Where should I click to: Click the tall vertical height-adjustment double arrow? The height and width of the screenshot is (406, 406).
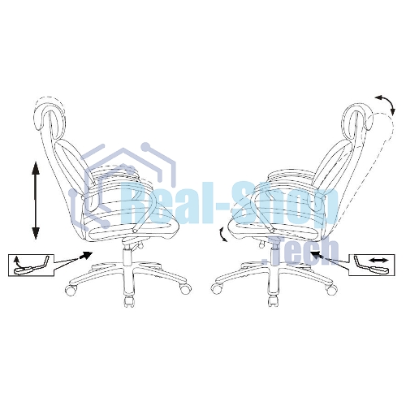point(36,201)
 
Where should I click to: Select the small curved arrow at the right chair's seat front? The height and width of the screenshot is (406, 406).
point(222,235)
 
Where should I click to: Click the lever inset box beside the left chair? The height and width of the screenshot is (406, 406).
point(31,266)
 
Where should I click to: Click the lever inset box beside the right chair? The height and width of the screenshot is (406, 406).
point(371,265)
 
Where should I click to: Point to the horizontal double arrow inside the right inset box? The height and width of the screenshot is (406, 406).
point(379,260)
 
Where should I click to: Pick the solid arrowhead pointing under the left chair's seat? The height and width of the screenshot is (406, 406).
point(86,255)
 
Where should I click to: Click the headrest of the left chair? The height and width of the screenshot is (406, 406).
point(50,114)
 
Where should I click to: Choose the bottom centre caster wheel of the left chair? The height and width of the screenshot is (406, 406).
point(129,302)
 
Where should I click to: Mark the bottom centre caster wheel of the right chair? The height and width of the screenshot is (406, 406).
point(274,302)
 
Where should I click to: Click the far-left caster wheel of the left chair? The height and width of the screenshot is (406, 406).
point(71,290)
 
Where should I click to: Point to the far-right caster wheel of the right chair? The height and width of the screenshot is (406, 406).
point(332,289)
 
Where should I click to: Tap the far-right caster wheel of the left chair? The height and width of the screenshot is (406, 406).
point(185,289)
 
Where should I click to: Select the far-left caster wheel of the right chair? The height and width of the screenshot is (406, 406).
point(217,289)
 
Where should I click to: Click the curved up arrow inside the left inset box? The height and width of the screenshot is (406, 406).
point(18,261)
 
